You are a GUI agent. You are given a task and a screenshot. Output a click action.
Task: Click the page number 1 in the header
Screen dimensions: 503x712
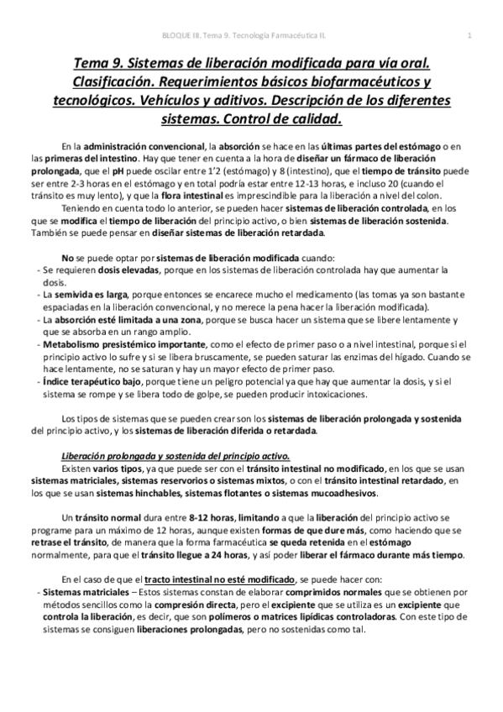469,34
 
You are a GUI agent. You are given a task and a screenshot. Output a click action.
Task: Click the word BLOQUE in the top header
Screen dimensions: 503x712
172,34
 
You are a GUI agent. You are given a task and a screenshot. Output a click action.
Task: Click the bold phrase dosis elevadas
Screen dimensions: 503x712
103,270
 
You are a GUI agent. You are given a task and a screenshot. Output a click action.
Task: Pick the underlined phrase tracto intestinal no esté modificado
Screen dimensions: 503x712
221,579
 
